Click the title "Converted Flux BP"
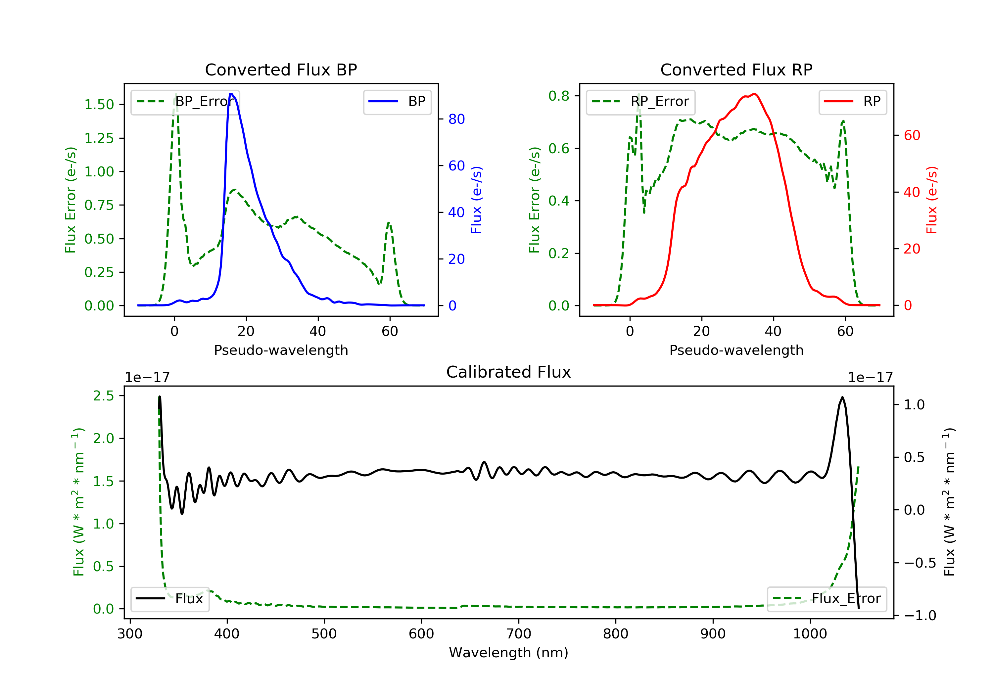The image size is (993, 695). pyautogui.click(x=281, y=69)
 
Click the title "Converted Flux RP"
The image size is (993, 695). pyautogui.click(x=736, y=69)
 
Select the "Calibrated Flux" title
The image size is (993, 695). pyautogui.click(x=509, y=372)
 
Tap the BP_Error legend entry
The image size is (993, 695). pyautogui.click(x=185, y=102)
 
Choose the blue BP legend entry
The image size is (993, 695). pyautogui.click(x=397, y=102)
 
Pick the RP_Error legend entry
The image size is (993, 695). pyautogui.click(x=640, y=102)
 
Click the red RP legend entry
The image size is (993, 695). pyautogui.click(x=852, y=102)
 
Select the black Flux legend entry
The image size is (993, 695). pyautogui.click(x=169, y=599)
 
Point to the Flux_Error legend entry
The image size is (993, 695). pyautogui.click(x=827, y=599)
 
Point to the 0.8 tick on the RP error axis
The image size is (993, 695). pyautogui.click(x=559, y=96)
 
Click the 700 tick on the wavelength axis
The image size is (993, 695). pyautogui.click(x=519, y=633)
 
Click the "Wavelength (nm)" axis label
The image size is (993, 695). pyautogui.click(x=509, y=653)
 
